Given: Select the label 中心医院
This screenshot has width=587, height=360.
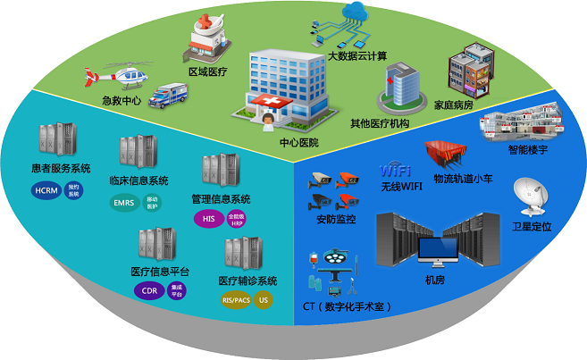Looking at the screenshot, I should click(298, 142).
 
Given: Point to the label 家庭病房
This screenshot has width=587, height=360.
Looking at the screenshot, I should click(453, 105).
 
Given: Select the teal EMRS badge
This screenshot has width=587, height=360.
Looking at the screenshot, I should click(124, 203).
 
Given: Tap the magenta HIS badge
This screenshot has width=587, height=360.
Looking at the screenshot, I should click(208, 218).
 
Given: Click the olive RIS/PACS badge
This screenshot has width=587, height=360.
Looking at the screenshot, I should click(236, 300).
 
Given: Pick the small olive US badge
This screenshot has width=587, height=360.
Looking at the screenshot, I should click(263, 300).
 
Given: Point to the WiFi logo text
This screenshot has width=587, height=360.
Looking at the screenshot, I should click(395, 170).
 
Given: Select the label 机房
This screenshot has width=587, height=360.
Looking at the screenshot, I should click(435, 280).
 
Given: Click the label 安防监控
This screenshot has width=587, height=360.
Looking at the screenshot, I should click(336, 217).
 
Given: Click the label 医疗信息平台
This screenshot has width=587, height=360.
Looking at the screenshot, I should click(160, 272).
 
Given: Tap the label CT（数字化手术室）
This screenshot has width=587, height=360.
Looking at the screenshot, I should click(348, 306).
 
